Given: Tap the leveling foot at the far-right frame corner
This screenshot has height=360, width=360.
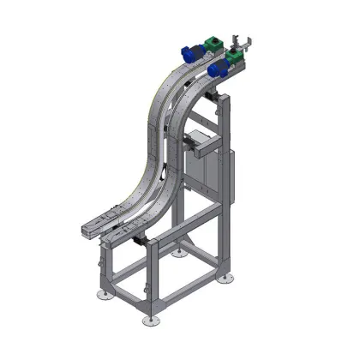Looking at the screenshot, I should click(225, 279).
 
